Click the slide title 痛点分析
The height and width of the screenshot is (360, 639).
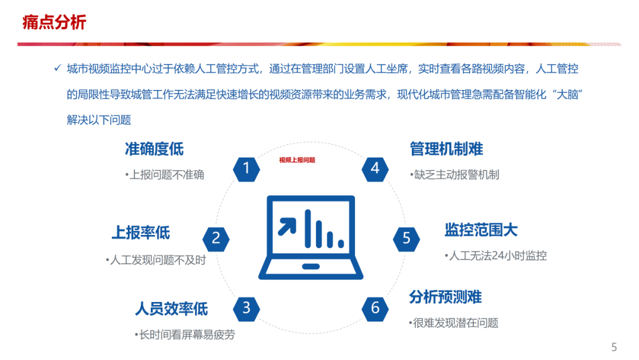pos(54,22)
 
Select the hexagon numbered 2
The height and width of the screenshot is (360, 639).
pos(216,239)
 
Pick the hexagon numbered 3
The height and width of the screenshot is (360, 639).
pos(247,308)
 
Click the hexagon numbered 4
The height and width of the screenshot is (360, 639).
pos(375,169)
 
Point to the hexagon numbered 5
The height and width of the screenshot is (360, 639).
pos(406,239)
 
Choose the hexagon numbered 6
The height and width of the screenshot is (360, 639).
pos(375,308)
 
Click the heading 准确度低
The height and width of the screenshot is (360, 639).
pos(154,149)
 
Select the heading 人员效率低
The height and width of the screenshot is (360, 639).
pos(171,308)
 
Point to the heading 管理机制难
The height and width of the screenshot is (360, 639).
pos(446,149)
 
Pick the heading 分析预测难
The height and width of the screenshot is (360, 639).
pos(445,297)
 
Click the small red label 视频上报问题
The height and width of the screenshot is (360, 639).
pos(297,160)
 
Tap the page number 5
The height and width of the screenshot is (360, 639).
pos(614,348)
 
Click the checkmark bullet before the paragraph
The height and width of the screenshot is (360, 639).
pos(57,69)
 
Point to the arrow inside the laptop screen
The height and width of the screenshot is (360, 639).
pos(288,226)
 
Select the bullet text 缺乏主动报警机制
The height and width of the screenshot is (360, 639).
pos(454,175)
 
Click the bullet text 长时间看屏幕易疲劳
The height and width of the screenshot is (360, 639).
pos(185,335)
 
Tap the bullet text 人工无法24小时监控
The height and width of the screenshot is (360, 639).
pos(496,256)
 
